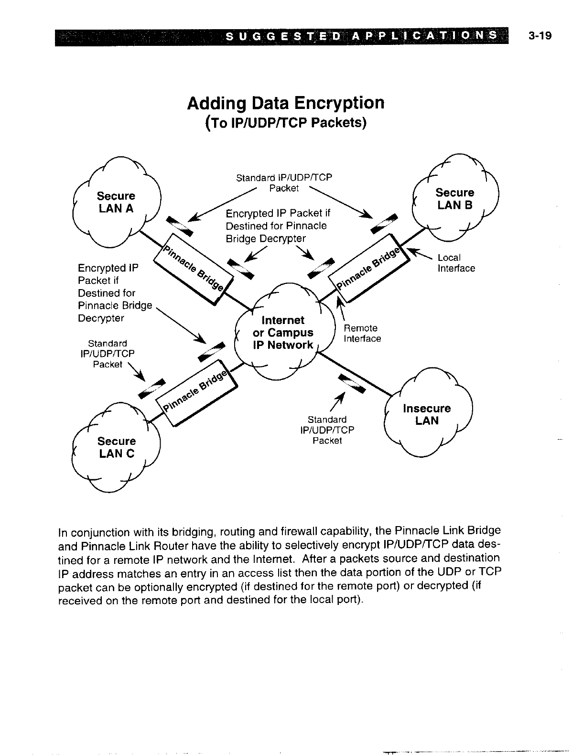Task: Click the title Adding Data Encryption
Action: coord(286,102)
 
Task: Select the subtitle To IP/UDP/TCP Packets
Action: coord(286,123)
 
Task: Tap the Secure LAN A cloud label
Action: coord(116,202)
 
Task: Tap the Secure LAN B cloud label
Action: coord(454,199)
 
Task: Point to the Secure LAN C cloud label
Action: coord(117,447)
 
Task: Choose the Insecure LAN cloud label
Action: coord(427,414)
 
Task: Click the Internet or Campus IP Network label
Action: coord(283,333)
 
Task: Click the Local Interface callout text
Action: coord(456,263)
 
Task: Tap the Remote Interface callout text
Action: coord(362,334)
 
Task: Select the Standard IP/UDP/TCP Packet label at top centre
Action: coord(284,183)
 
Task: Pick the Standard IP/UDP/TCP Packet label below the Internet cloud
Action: coord(327,430)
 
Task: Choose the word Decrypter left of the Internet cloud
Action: coord(101,318)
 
